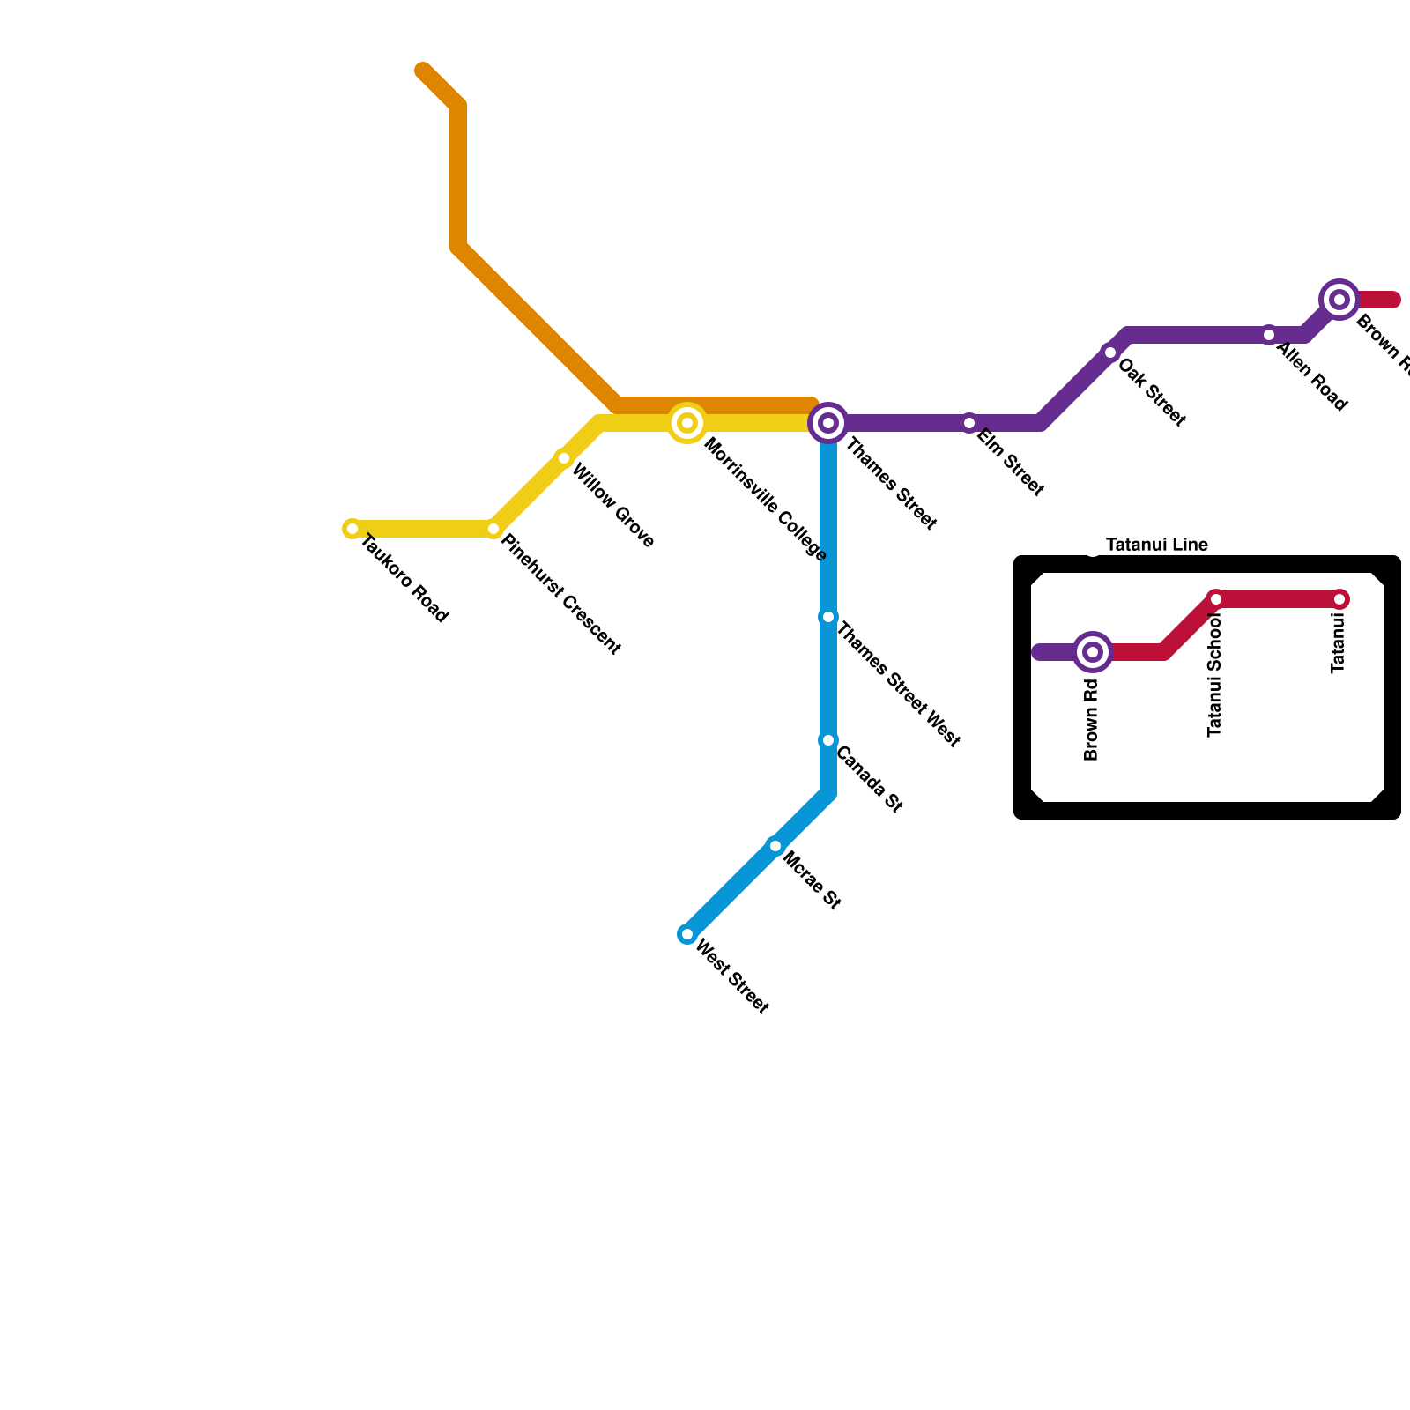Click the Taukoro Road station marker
click(352, 529)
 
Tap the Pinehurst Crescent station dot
click(493, 529)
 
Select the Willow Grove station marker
click(564, 458)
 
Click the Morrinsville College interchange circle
click(687, 423)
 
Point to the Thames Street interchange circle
click(828, 423)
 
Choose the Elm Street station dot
click(969, 423)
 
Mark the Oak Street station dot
click(1110, 352)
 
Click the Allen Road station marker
click(1269, 335)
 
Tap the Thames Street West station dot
click(828, 617)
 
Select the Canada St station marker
click(828, 740)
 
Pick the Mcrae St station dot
click(775, 846)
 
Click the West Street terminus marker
click(687, 934)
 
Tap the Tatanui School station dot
click(1216, 599)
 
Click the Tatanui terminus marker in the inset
click(1339, 599)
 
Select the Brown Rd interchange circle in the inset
click(1093, 652)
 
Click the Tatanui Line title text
click(1156, 545)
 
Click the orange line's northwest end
click(423, 70)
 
